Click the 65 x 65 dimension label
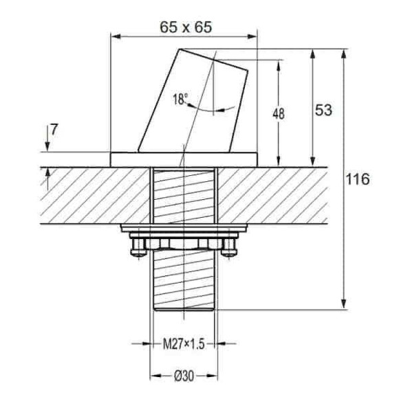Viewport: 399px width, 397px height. tap(186, 27)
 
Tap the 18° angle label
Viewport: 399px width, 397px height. tap(180, 99)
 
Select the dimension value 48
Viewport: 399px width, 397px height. tap(279, 113)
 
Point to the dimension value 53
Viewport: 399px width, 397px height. tap(323, 110)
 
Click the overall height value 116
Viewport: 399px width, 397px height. tap(358, 179)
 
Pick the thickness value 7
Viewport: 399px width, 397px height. tap(54, 130)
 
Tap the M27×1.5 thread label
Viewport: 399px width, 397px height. tap(184, 344)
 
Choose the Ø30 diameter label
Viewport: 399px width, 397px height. tap(184, 376)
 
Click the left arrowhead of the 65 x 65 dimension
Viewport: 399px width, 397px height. tap(116, 36)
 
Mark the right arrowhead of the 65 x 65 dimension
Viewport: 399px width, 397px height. tap(252, 36)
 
